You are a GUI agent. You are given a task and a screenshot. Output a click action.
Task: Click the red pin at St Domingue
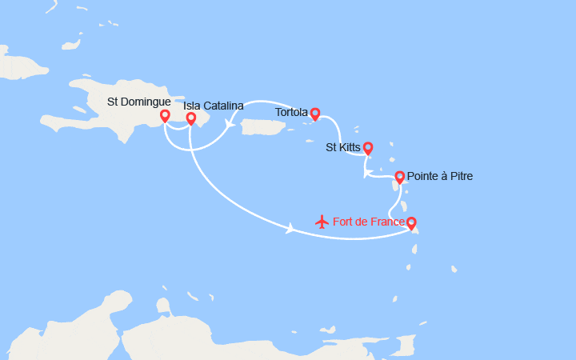[165, 116]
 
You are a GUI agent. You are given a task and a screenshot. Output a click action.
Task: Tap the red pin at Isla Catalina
[191, 118]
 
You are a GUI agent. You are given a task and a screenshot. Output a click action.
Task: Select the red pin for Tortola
[315, 114]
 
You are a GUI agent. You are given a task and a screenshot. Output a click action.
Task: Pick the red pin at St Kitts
[367, 147]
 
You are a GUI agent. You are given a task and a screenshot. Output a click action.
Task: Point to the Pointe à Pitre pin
[399, 177]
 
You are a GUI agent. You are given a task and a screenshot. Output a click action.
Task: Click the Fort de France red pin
[410, 223]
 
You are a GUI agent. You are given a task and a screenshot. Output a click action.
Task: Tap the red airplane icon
[322, 221]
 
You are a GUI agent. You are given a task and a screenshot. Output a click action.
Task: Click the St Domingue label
[138, 102]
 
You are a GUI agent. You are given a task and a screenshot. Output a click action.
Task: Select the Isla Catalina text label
[213, 106]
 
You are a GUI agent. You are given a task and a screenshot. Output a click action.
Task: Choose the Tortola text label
[291, 112]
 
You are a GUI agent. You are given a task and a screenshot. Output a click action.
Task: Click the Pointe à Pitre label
[439, 176]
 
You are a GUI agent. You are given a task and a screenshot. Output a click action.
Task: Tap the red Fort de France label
[369, 222]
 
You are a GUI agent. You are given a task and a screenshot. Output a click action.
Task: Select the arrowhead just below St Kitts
[366, 172]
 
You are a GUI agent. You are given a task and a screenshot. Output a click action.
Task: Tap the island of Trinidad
[406, 345]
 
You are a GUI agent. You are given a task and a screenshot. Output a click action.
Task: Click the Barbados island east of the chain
[454, 269]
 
